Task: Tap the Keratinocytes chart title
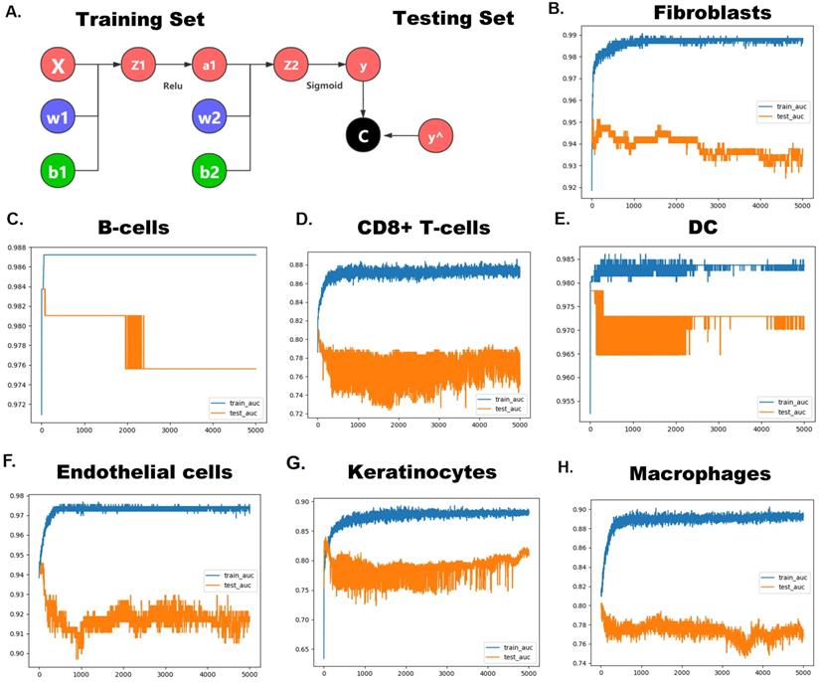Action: point(410,473)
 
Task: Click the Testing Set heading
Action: point(453,18)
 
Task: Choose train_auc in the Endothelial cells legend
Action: point(227,574)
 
